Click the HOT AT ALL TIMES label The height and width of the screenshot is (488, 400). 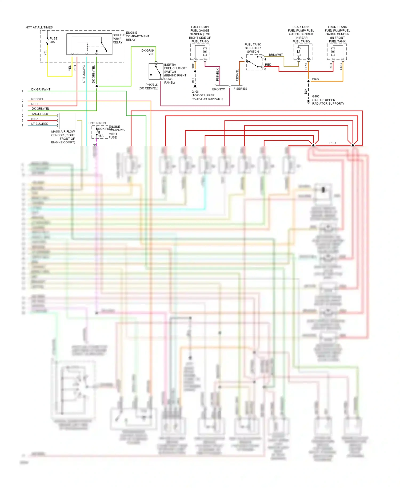[39, 27]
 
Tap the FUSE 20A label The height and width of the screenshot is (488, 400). [53, 40]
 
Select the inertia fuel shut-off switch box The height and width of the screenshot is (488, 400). [156, 72]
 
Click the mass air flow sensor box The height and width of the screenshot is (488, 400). [67, 121]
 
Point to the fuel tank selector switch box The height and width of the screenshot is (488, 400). [254, 62]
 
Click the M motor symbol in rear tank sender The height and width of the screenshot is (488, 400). [299, 52]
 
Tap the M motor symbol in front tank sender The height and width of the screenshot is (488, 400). [333, 52]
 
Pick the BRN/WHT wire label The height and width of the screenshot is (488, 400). [276, 55]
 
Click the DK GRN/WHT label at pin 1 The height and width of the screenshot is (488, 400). [41, 89]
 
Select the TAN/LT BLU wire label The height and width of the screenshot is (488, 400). [40, 114]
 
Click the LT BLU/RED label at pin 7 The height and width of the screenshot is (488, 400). [40, 124]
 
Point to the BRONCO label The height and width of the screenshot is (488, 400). [219, 89]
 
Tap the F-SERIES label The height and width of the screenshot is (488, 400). [240, 89]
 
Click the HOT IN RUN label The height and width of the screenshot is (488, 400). [97, 123]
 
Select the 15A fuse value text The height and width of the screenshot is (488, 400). [101, 136]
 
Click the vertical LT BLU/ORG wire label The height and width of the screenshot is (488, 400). [84, 74]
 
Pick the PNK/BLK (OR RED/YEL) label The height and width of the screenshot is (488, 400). [149, 86]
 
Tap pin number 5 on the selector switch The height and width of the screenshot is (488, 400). [242, 58]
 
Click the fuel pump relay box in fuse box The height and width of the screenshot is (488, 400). [89, 44]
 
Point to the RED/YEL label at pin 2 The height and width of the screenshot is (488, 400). [38, 99]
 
